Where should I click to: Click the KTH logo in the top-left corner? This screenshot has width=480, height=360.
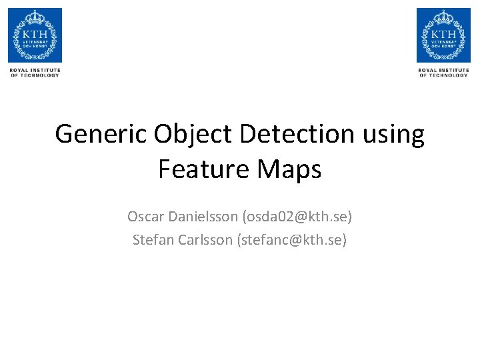[35, 35]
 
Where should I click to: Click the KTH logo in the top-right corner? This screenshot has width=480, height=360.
[443, 35]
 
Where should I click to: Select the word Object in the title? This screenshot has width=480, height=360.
[194, 134]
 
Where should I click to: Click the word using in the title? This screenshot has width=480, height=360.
[393, 134]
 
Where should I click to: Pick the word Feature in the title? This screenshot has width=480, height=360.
[199, 169]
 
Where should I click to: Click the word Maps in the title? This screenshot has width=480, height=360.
[289, 169]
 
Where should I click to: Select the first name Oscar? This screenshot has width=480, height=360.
[145, 217]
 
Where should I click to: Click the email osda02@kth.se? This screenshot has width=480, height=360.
[297, 217]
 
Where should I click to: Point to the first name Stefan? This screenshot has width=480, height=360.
[153, 240]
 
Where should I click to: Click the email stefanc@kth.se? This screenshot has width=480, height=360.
[292, 240]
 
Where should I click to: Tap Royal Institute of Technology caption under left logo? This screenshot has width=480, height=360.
[35, 72]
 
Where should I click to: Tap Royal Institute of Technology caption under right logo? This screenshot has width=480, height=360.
[443, 72]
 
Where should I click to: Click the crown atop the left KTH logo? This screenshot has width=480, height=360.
[35, 16]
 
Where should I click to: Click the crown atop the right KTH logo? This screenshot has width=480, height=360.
[443, 16]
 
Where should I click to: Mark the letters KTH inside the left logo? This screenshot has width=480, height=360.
[35, 33]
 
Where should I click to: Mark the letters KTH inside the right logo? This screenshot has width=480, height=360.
[443, 33]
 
